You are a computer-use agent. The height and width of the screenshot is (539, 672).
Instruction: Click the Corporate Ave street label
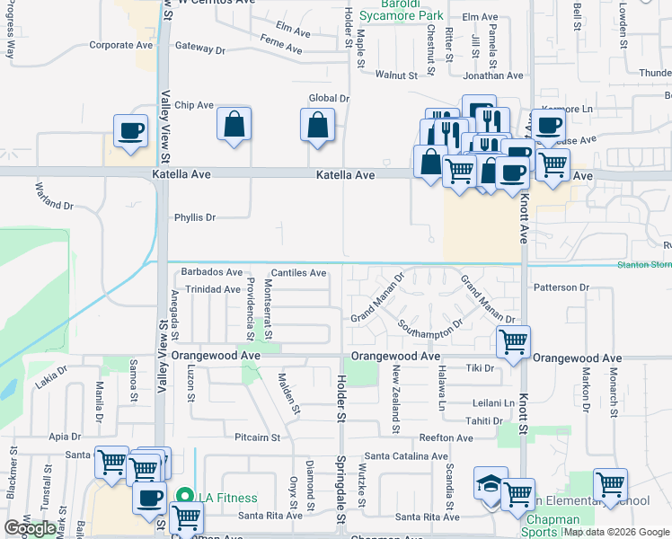point(121,45)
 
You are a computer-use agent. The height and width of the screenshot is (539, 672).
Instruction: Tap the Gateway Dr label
point(201,46)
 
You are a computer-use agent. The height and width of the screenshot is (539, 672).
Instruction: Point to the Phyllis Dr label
point(195,217)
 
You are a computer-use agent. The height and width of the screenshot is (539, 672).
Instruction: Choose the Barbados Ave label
point(212,272)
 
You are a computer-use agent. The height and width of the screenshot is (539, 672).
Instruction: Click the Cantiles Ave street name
point(298,273)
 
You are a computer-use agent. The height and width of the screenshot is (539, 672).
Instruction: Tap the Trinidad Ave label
point(211,289)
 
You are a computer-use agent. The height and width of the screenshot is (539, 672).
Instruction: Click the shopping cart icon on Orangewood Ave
point(513,340)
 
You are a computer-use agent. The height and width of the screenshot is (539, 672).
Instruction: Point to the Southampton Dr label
point(429,337)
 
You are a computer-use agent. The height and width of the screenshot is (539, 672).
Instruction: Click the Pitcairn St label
point(257,438)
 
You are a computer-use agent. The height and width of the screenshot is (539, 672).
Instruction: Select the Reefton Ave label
point(446,438)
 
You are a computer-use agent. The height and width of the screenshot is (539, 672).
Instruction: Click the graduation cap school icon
point(491,483)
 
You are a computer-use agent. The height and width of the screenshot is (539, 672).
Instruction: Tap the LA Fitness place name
point(227,498)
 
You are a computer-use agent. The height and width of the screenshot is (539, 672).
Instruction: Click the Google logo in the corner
point(30,528)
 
